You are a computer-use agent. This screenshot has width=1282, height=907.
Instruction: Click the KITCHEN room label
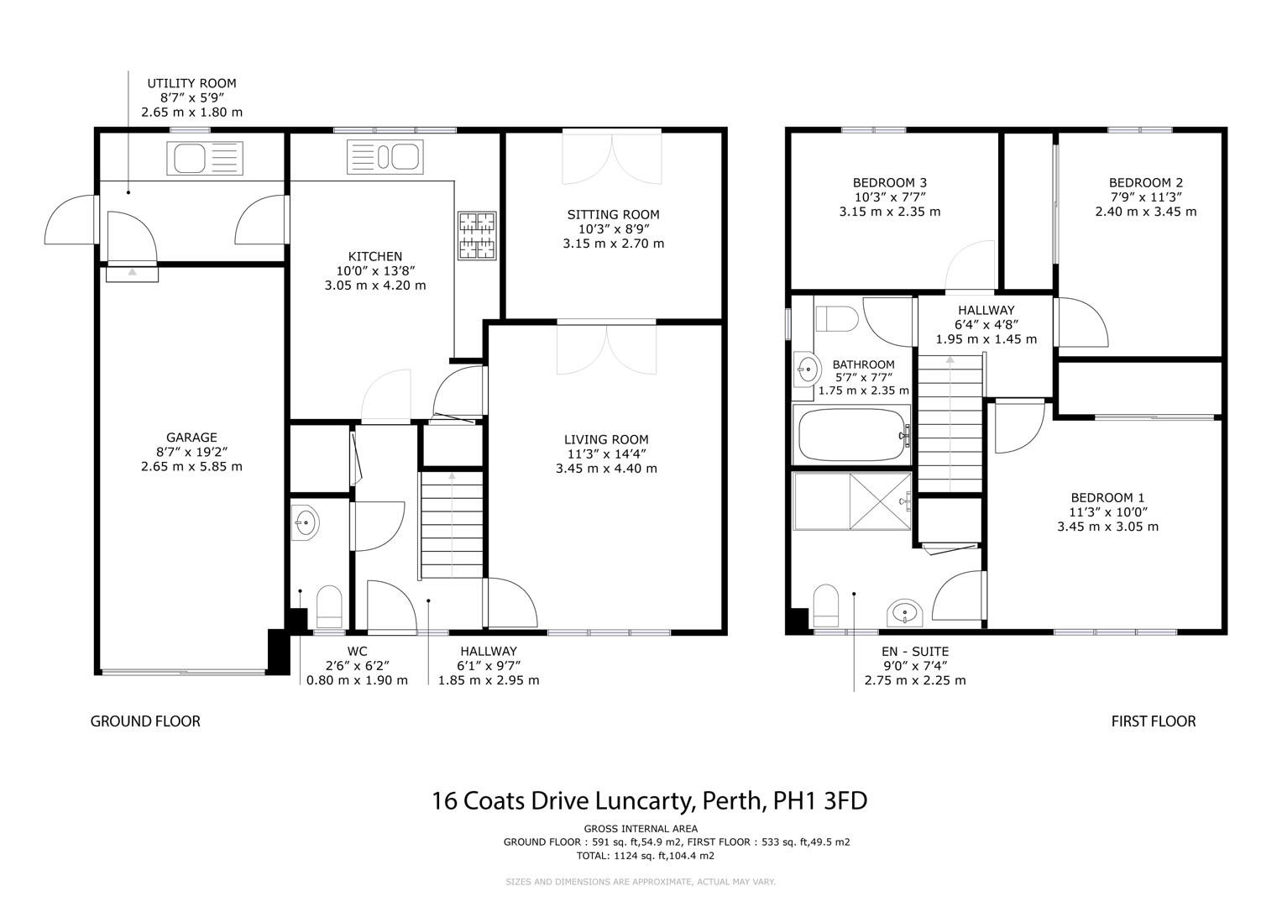click(375, 256)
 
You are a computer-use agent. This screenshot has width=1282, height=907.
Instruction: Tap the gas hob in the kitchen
click(477, 235)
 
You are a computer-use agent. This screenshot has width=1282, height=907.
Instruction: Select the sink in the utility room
click(205, 158)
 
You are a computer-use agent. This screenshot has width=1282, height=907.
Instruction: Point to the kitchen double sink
click(385, 156)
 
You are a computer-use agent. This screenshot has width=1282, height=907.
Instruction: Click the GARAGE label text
click(191, 438)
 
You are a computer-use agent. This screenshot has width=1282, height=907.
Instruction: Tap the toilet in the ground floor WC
click(329, 606)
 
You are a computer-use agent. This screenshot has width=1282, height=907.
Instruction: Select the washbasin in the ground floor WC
click(305, 522)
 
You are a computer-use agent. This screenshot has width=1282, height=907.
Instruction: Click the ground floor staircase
click(452, 525)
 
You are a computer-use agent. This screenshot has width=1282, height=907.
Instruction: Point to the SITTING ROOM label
click(613, 215)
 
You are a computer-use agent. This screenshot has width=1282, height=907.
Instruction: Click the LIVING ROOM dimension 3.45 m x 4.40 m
click(606, 469)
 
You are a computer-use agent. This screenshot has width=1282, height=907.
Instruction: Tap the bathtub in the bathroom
click(851, 435)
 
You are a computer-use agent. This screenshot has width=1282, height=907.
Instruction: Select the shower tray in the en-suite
click(851, 501)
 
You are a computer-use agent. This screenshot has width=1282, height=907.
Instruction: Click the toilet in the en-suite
click(825, 606)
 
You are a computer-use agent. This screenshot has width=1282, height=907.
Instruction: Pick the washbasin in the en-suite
click(905, 612)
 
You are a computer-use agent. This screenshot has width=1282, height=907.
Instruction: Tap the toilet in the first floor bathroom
click(837, 319)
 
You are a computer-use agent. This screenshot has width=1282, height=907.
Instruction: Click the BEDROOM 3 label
click(889, 183)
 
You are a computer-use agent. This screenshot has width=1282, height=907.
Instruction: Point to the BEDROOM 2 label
click(1146, 183)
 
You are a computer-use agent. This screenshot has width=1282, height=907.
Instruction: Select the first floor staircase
click(950, 424)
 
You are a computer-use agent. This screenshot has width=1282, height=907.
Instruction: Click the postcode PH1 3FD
click(819, 800)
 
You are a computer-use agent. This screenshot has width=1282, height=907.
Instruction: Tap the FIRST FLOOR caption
click(1154, 721)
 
